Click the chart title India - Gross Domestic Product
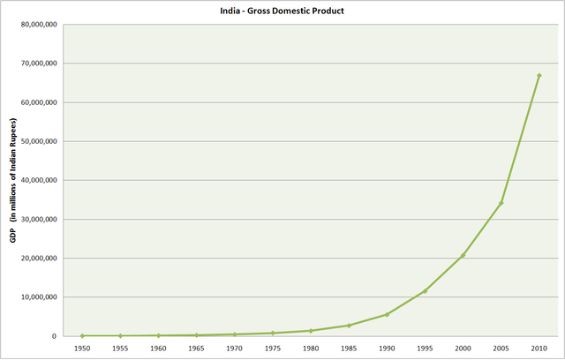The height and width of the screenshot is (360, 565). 282,11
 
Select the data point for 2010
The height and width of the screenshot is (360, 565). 539,76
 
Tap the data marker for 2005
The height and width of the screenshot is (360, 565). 501,203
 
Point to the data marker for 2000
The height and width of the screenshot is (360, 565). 463,256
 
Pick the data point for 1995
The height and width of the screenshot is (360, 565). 425,291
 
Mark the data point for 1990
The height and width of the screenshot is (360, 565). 387,314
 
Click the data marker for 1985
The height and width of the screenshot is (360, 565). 349,326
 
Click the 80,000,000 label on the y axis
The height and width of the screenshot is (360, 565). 39,25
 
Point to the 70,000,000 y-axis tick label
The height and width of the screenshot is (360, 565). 39,64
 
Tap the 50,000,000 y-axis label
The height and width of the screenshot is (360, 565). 39,141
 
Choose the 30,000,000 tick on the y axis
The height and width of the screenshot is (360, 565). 39,219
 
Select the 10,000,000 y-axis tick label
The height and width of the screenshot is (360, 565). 39,297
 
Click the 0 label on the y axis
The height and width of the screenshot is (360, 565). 56,336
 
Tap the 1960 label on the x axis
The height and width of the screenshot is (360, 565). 159,349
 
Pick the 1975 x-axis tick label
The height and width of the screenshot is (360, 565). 273,349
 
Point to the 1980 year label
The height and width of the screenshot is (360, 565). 311,349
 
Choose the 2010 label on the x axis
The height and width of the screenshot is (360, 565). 539,349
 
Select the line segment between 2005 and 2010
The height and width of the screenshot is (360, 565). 520,139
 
